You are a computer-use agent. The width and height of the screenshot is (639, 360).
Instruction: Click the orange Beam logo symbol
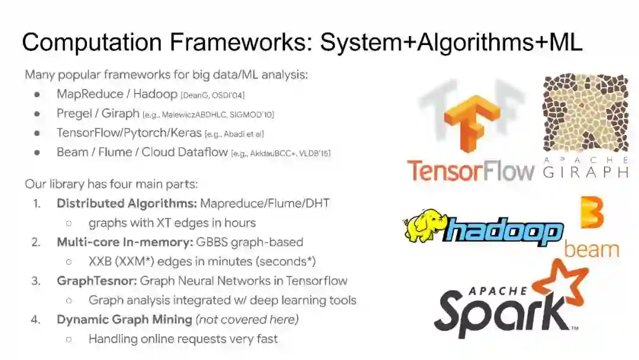point(591,214)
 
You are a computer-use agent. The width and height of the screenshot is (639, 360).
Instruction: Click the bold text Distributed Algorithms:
point(127,204)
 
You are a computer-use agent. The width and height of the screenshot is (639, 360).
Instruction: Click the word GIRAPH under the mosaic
point(585,172)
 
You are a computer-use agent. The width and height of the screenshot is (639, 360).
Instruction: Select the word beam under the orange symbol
point(591,249)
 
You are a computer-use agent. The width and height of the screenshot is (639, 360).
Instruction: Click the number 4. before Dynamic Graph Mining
point(36,320)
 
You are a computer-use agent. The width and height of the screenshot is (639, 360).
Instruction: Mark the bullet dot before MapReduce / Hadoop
point(37,95)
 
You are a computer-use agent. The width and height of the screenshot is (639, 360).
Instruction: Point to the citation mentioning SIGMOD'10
point(208,114)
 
